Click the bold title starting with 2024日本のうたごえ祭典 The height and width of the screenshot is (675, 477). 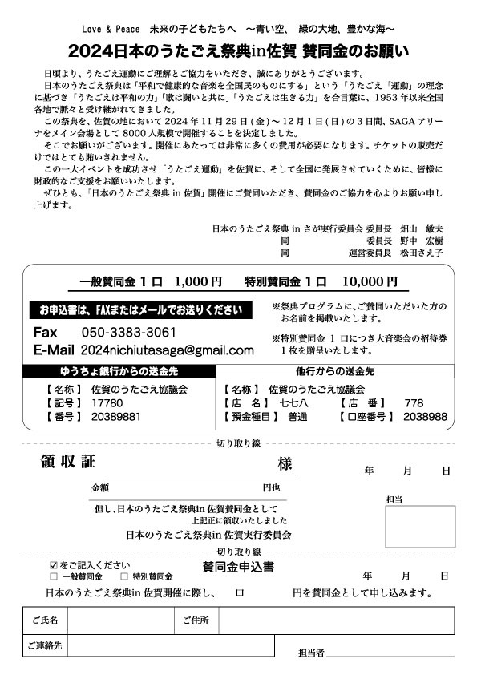pyautogui.click(x=239, y=50)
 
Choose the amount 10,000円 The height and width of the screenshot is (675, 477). pyautogui.click(x=369, y=282)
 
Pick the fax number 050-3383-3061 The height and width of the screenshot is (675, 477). pyautogui.click(x=129, y=332)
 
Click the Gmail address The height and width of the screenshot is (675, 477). pyautogui.click(x=168, y=350)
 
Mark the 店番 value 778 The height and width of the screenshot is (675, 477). pyautogui.click(x=414, y=402)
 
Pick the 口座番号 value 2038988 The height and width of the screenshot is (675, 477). pyautogui.click(x=425, y=417)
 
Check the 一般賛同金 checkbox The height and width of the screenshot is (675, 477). pyautogui.click(x=54, y=576)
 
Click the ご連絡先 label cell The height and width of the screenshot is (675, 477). pyautogui.click(x=45, y=645)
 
